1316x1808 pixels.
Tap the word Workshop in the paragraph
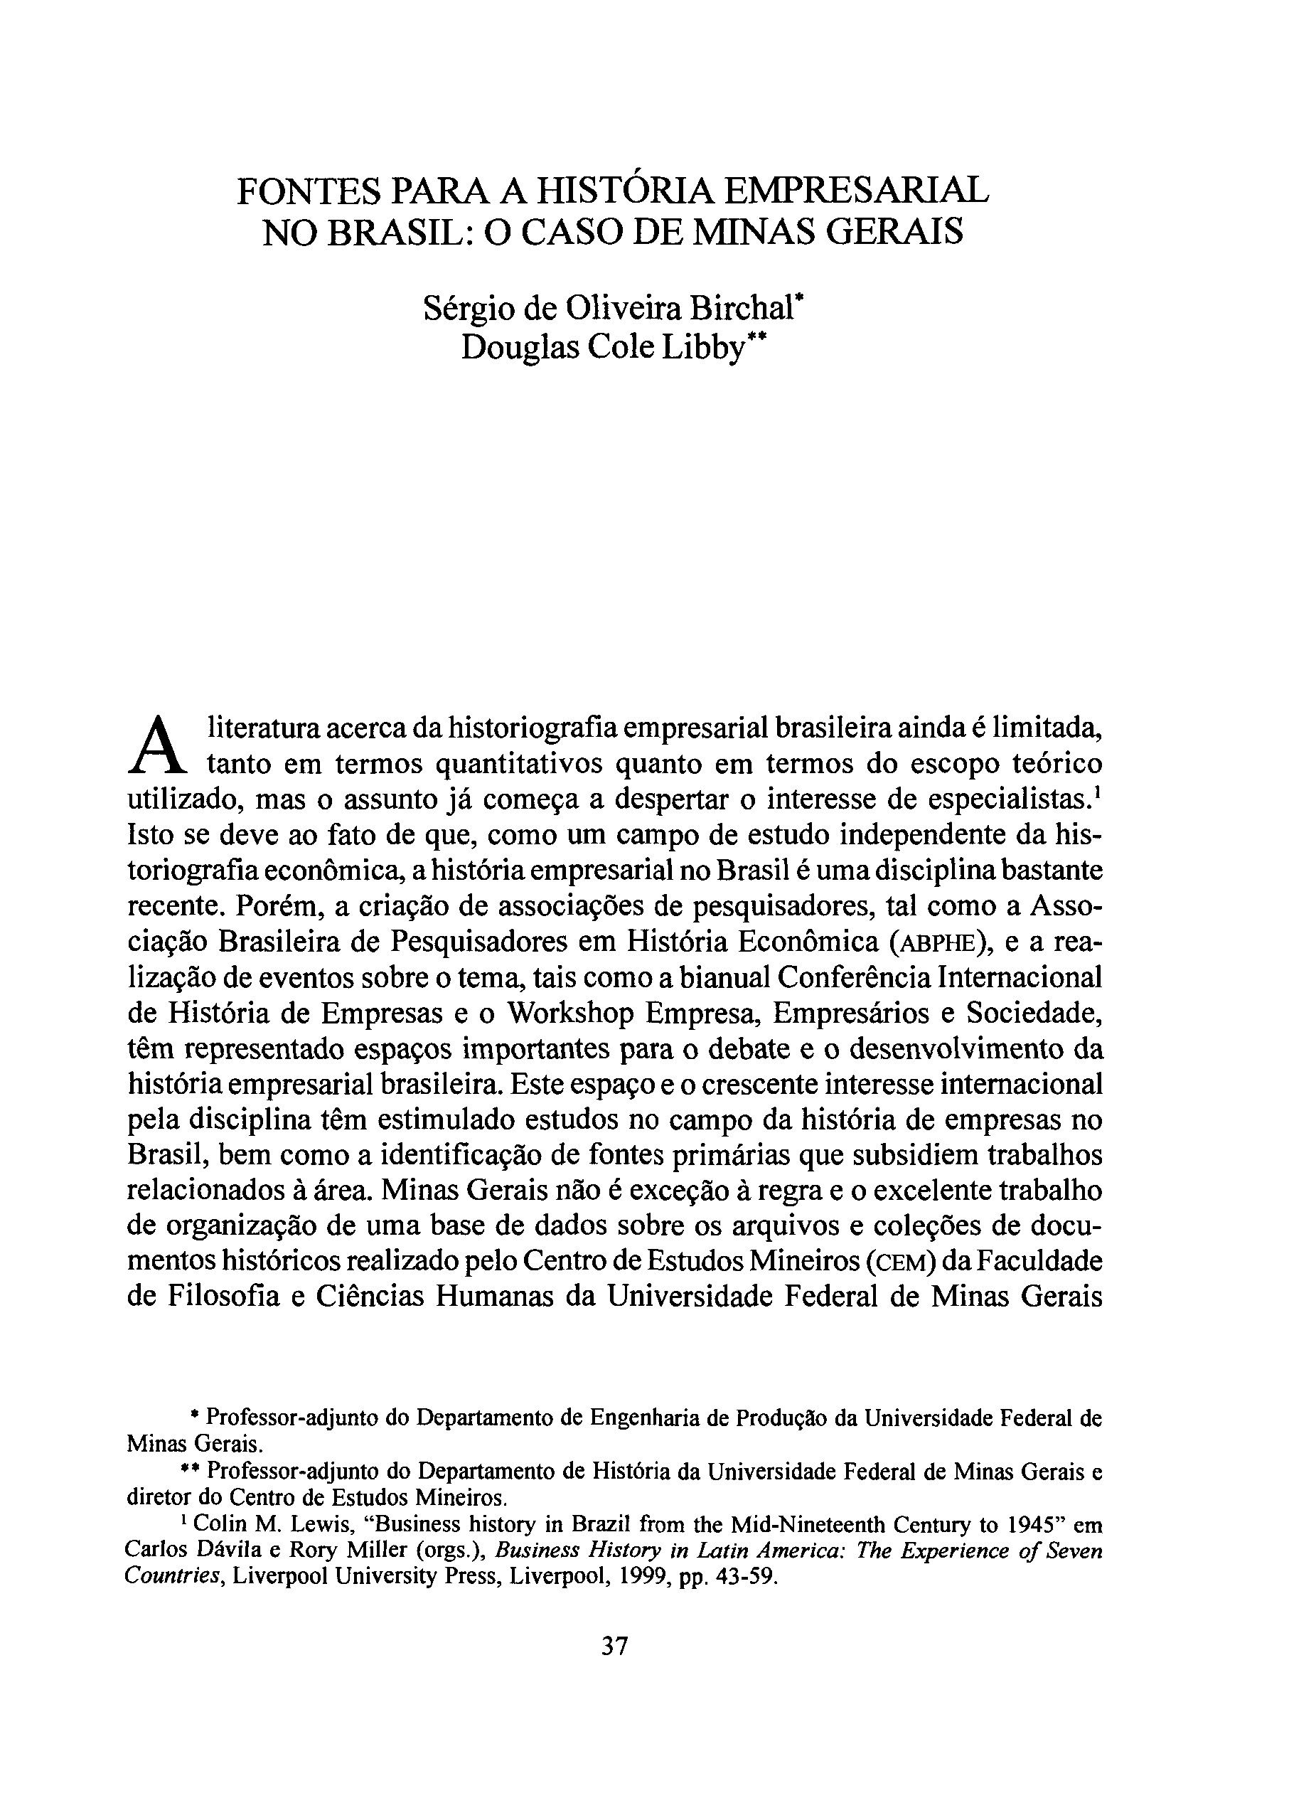(569, 1014)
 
